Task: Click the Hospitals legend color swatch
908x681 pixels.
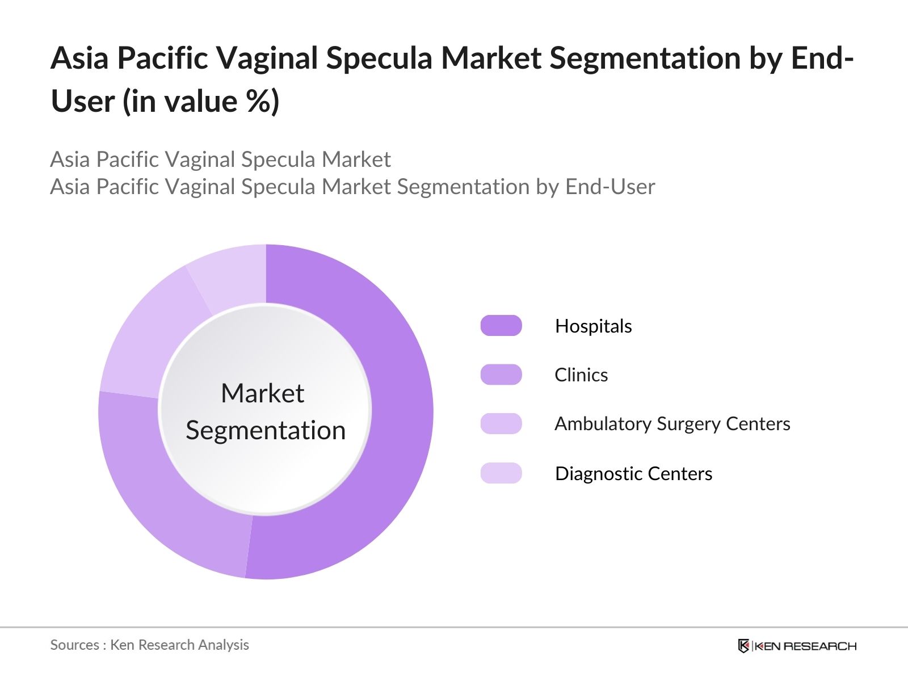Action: pyautogui.click(x=501, y=325)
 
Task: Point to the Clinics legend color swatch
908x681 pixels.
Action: pyautogui.click(x=501, y=375)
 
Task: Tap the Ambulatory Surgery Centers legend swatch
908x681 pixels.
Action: pyautogui.click(x=501, y=423)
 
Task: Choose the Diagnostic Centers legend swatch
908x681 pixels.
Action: pyautogui.click(x=501, y=473)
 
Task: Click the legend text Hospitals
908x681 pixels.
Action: pyautogui.click(x=593, y=326)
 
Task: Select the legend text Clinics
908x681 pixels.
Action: pyautogui.click(x=581, y=375)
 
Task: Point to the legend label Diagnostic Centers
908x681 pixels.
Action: pyautogui.click(x=633, y=473)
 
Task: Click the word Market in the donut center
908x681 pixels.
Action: pyautogui.click(x=263, y=393)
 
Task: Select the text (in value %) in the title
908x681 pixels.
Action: pyautogui.click(x=201, y=102)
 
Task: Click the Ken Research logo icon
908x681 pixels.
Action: pyautogui.click(x=743, y=646)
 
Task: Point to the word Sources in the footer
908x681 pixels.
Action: pyautogui.click(x=75, y=645)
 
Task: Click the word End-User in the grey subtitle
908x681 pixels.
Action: pyautogui.click(x=610, y=187)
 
